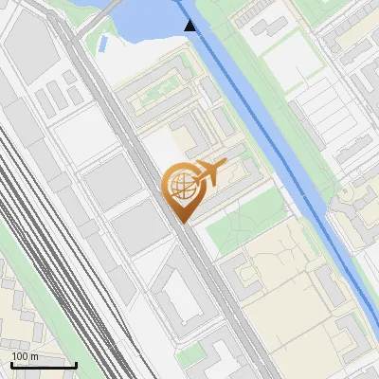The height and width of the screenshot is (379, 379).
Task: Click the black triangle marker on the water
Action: [x=190, y=26]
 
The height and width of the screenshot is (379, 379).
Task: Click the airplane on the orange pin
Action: [x=208, y=172]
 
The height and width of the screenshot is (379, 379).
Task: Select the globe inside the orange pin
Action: [x=178, y=187]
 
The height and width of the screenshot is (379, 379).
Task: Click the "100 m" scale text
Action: [x=24, y=356]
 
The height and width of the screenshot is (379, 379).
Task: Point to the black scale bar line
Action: [x=43, y=365]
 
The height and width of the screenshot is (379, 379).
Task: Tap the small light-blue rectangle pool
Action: [x=101, y=44]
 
